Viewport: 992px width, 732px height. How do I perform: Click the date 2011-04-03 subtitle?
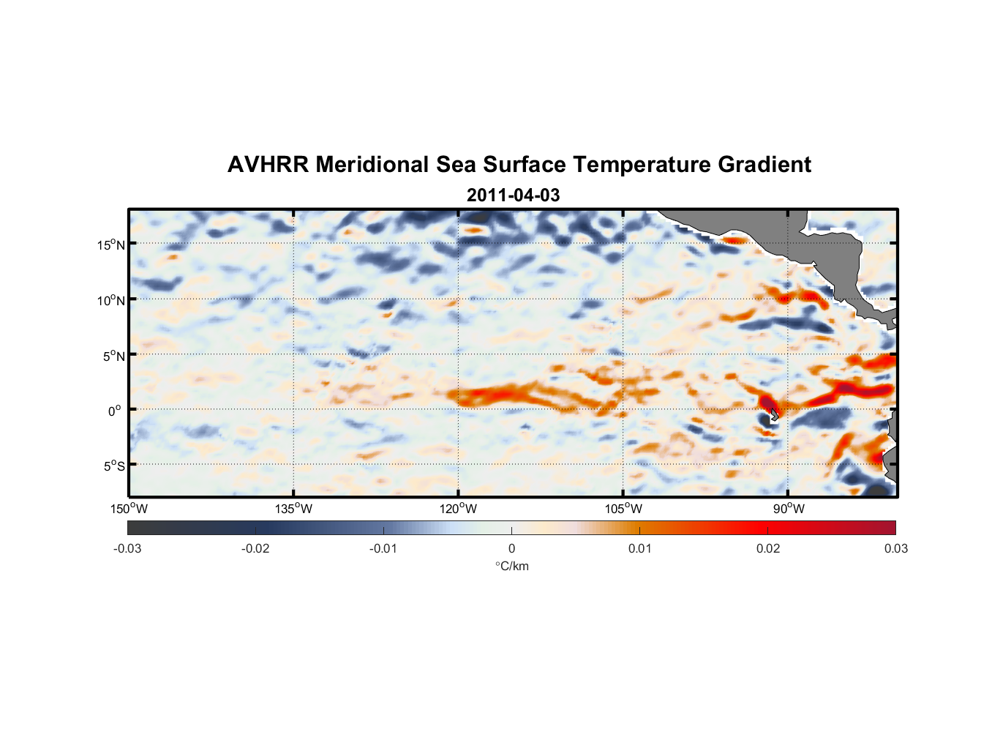[x=513, y=195]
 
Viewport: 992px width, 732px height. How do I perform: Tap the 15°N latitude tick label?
[x=111, y=244]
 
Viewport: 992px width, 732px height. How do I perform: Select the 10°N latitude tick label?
[x=111, y=300]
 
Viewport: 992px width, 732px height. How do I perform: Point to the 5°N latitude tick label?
[x=113, y=356]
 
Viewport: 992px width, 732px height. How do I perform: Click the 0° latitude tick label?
[x=115, y=411]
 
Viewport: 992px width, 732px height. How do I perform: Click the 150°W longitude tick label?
[x=129, y=509]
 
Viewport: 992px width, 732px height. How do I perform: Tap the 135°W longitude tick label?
[x=293, y=509]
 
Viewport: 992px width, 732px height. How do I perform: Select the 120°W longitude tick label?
[x=458, y=509]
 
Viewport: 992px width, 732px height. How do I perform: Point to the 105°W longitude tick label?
[x=623, y=509]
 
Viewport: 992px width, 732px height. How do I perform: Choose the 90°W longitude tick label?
[x=789, y=509]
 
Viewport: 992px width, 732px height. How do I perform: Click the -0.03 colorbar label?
[x=127, y=548]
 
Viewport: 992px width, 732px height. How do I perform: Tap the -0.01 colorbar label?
[x=383, y=548]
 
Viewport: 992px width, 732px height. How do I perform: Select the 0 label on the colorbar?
[x=511, y=548]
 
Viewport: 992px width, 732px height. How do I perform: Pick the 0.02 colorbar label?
[x=768, y=548]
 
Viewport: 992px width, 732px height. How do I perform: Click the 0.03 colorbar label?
[x=895, y=548]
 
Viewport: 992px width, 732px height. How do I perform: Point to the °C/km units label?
[x=511, y=566]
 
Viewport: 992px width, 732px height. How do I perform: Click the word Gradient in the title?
[x=764, y=165]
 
